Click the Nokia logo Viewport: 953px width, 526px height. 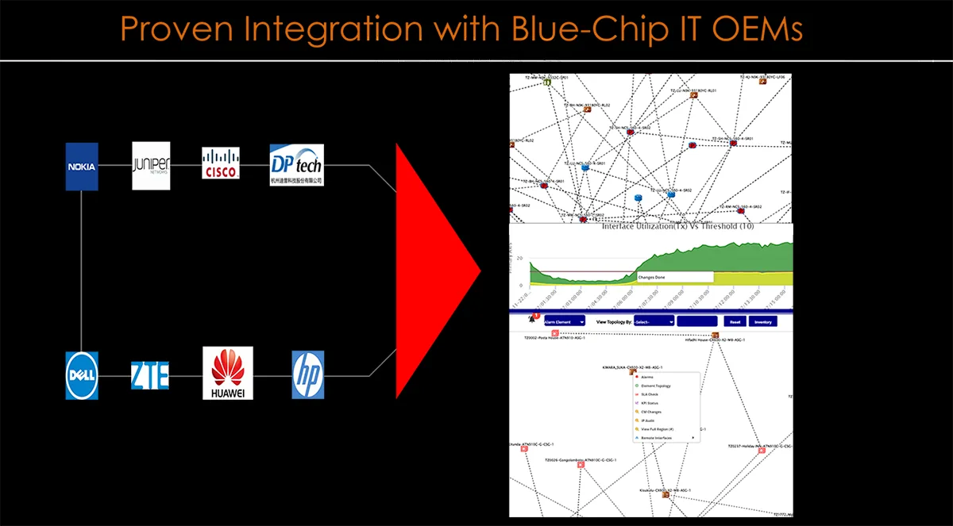[82, 167]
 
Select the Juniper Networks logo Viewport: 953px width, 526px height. [151, 166]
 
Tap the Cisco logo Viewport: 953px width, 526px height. [220, 163]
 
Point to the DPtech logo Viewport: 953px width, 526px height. [296, 164]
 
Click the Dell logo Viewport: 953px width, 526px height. [82, 375]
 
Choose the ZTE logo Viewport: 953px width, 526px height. [150, 374]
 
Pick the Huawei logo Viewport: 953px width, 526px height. [228, 373]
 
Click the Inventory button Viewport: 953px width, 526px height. [762, 322]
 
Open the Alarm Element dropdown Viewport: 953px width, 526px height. [565, 322]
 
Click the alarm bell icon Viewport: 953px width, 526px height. [531, 320]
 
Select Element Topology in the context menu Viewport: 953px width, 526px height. [656, 386]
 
